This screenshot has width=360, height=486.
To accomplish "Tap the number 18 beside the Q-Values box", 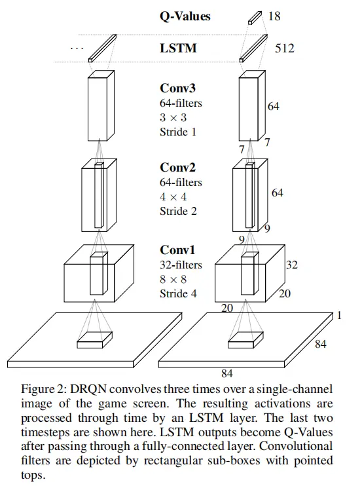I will (274, 16).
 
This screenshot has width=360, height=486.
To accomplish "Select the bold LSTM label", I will (178, 48).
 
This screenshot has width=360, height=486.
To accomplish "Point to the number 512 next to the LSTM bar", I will (285, 48).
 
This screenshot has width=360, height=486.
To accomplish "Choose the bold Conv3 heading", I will (178, 88).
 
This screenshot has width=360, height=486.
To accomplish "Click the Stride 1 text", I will (178, 132).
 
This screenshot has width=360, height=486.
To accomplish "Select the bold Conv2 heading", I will (178, 168).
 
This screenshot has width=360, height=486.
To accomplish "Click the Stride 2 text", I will (178, 211).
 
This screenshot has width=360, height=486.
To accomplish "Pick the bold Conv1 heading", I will (178, 250).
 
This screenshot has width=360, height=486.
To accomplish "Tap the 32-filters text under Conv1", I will (181, 265).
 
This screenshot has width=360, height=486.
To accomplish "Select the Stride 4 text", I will (178, 293).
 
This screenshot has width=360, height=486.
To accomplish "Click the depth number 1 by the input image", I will (340, 316).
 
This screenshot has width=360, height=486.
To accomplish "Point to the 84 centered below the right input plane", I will (226, 374).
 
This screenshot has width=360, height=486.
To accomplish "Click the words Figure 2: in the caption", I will (43, 389).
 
